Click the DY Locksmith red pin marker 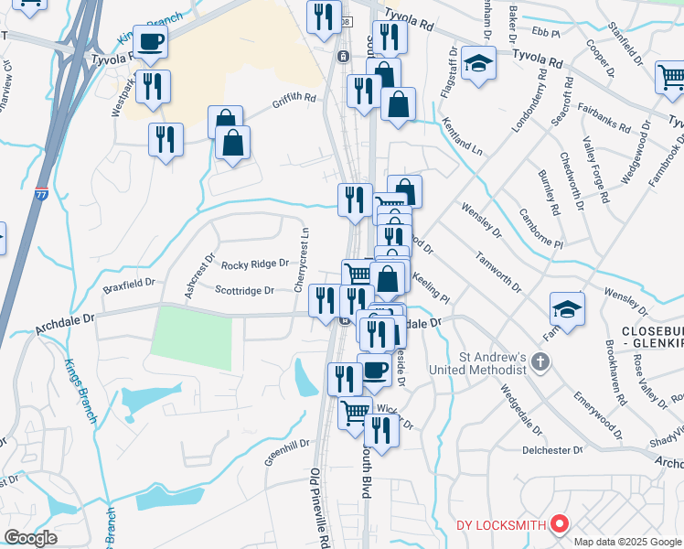pos(560,524)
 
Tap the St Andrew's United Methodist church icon pos(540,362)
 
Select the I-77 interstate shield pos(41,194)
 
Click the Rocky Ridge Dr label pos(255,264)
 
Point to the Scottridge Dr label pos(244,291)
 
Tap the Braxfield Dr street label pos(129,285)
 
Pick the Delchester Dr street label pos(552,450)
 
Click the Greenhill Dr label pos(288,452)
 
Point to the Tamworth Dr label pos(497,272)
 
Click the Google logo pos(30,538)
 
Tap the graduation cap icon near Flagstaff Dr pos(477,63)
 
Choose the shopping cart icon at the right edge pos(672,77)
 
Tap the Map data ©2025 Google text pos(628,542)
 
